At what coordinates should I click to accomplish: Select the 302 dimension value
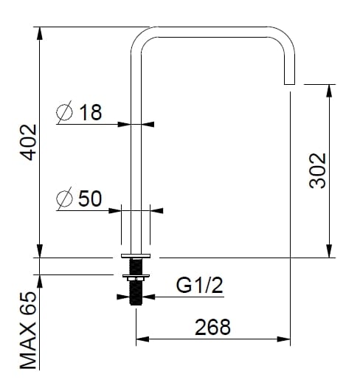[318, 171]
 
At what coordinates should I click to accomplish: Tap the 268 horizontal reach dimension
[212, 326]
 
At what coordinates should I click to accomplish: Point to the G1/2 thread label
[199, 286]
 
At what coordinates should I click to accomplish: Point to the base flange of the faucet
[136, 255]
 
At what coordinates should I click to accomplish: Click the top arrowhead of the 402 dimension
[38, 32]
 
